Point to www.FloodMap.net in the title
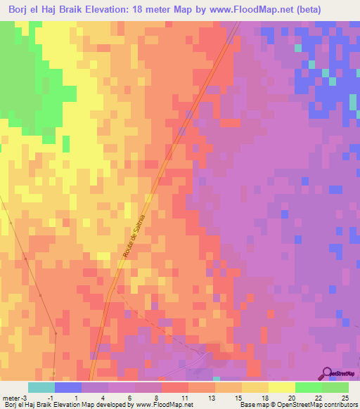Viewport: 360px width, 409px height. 268,10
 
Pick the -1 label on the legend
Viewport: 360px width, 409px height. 49,398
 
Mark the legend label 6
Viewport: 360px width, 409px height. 128,398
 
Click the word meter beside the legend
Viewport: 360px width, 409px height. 11,398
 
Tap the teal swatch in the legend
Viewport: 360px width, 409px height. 41,387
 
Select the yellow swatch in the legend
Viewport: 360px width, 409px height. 282,387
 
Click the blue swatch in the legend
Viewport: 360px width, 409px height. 68,387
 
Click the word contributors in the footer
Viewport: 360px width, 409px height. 341,405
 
